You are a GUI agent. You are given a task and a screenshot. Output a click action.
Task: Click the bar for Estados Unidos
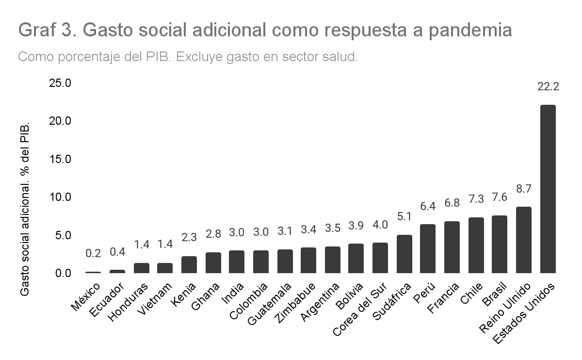548,189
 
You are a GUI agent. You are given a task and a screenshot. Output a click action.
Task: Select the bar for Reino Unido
524,240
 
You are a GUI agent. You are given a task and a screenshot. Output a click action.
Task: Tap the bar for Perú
428,249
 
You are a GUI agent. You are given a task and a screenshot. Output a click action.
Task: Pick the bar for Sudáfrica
404,254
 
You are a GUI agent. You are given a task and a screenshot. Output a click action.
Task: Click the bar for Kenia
189,265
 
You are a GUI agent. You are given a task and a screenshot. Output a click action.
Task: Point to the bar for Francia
452,247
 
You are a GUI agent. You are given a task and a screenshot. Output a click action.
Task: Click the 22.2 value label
548,87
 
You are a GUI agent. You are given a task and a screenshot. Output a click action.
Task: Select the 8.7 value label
524,190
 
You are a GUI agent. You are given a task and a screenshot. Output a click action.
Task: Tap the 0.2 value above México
93,253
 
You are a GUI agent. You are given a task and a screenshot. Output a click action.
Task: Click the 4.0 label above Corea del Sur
380,225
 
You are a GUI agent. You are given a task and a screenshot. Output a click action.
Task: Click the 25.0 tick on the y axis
60,83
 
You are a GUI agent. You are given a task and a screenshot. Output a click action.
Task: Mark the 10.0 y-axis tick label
60,197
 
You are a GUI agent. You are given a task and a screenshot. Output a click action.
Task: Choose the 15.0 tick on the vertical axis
60,159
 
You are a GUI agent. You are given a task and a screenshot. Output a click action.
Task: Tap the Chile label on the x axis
472,293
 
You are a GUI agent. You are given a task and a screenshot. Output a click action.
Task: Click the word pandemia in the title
470,30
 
